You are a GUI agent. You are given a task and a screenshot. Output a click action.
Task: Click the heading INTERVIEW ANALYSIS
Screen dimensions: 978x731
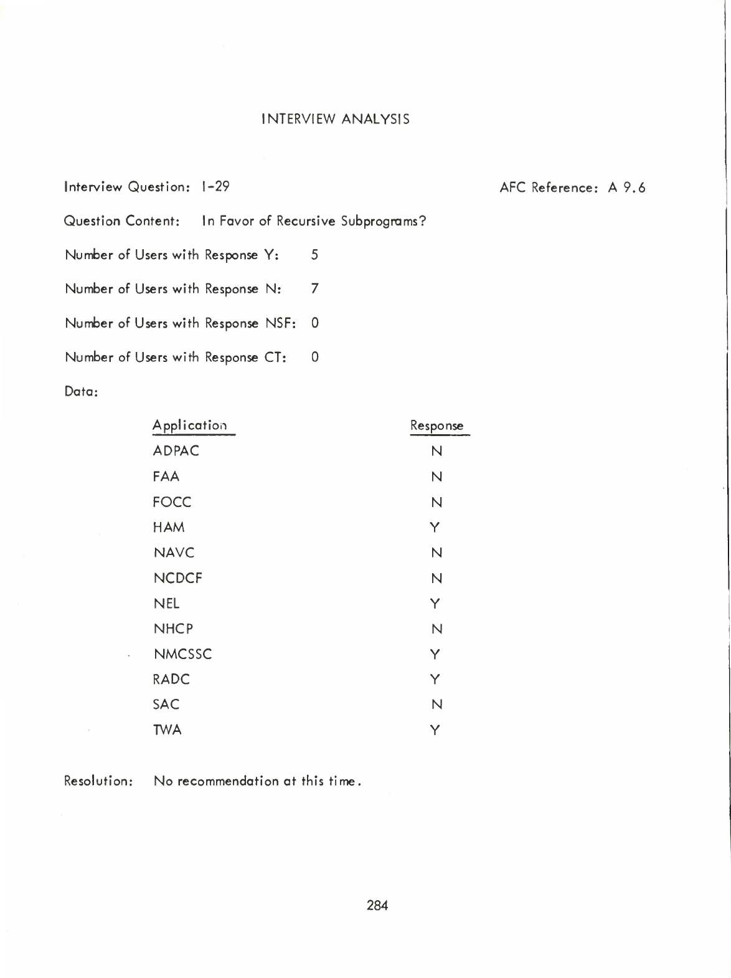coord(336,119)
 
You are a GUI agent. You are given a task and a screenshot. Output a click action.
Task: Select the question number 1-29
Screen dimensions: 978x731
coord(215,186)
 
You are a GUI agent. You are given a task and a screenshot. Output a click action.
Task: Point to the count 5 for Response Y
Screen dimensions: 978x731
coord(314,255)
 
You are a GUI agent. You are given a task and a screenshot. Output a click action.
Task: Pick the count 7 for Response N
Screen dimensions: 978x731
coord(315,288)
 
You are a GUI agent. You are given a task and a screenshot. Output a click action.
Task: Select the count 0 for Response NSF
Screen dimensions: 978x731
coord(315,323)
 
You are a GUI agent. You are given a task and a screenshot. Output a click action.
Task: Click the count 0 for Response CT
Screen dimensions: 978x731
coord(315,357)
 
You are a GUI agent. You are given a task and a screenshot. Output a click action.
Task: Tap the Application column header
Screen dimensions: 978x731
coord(189,427)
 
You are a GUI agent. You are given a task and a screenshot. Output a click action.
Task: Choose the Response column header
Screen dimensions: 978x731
coord(436,427)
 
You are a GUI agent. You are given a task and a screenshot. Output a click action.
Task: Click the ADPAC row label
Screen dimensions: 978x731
coord(176,451)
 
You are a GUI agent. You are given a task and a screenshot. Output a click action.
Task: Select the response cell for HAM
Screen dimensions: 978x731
coord(435,528)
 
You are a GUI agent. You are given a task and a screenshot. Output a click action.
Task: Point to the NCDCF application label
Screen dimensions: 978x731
coord(177,578)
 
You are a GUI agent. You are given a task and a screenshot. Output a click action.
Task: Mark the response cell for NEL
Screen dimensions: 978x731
coord(435,604)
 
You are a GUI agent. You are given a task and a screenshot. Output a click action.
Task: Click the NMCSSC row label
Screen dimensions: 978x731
coord(182,654)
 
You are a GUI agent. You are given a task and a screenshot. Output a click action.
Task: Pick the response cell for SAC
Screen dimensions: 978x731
coord(436,705)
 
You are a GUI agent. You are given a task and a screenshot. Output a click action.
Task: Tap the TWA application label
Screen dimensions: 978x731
coord(167,730)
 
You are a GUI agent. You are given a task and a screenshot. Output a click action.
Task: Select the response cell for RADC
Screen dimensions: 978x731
coord(435,679)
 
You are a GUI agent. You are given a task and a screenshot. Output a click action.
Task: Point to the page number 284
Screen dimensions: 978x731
coord(377,906)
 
